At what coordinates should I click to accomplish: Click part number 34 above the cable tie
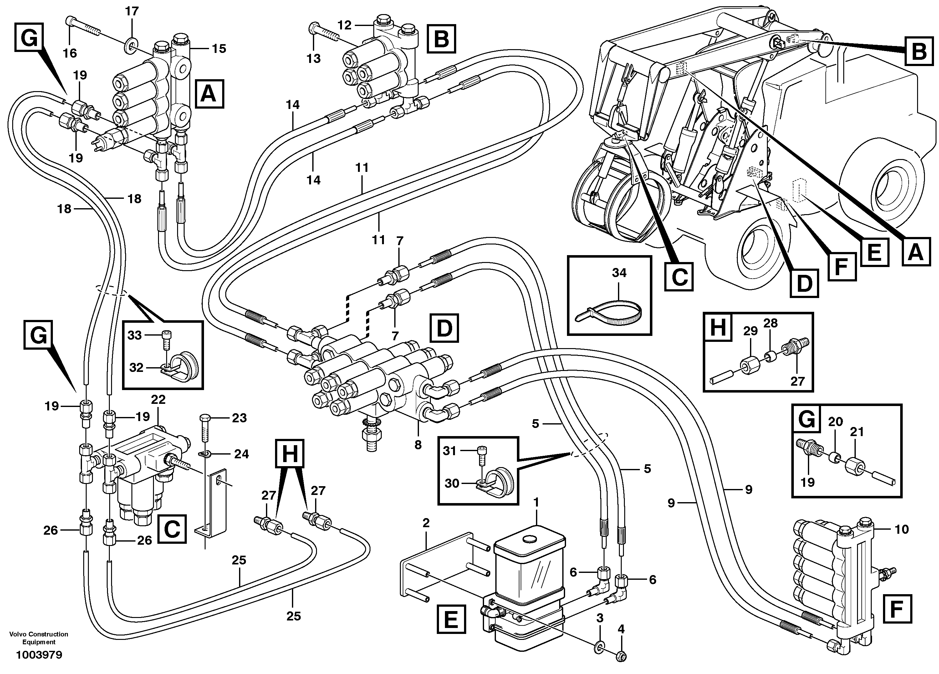pyautogui.click(x=619, y=273)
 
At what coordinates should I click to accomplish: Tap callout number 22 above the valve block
pyautogui.click(x=158, y=399)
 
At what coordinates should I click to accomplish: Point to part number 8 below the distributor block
pyautogui.click(x=418, y=445)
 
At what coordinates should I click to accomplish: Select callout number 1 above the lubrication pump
pyautogui.click(x=536, y=502)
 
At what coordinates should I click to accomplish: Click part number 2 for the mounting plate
pyautogui.click(x=426, y=523)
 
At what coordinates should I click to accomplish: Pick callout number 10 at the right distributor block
pyautogui.click(x=901, y=529)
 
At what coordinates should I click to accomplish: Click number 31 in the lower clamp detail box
pyautogui.click(x=450, y=451)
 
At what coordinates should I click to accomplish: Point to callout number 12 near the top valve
pyautogui.click(x=344, y=25)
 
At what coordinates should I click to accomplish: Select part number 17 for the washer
pyautogui.click(x=132, y=11)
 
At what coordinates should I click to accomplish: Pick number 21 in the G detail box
pyautogui.click(x=857, y=432)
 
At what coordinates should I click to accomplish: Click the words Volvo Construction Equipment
pyautogui.click(x=38, y=638)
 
